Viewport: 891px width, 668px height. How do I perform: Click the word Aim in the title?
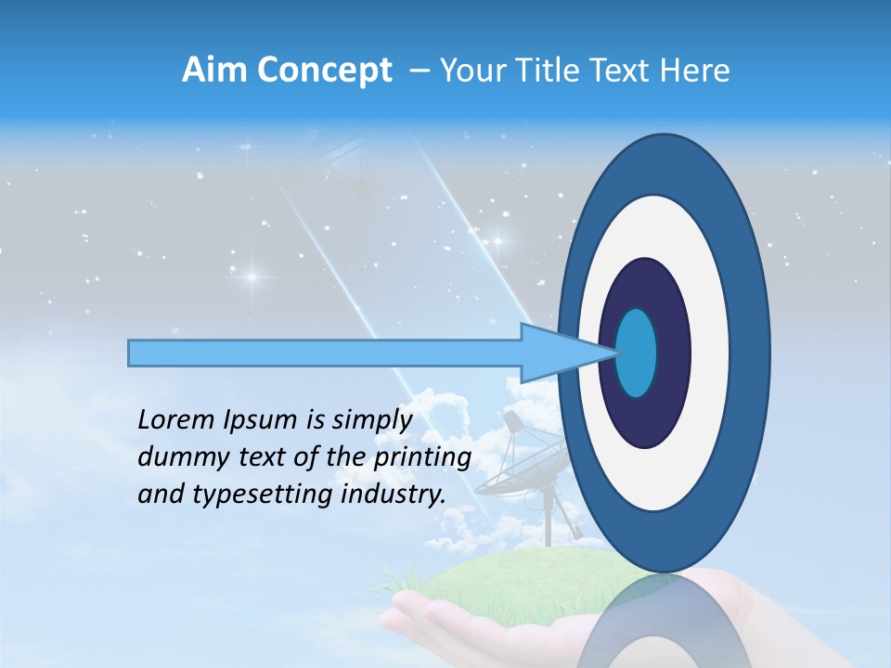click(215, 71)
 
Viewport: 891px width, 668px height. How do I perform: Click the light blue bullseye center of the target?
click(637, 353)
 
